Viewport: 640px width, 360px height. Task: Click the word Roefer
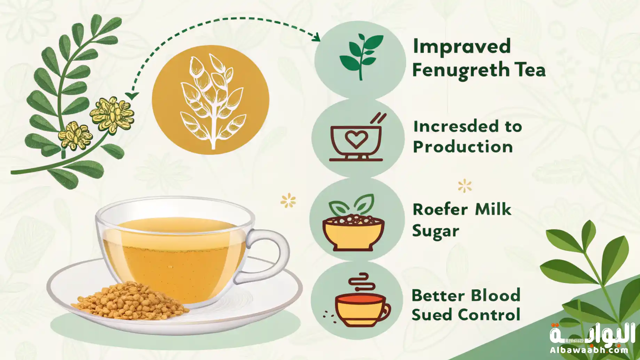tap(440, 210)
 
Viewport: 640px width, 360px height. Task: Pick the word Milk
tap(493, 209)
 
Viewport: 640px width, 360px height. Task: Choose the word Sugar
tap(436, 231)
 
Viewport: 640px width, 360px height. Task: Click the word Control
tap(489, 315)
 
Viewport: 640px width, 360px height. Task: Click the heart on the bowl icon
tap(356, 140)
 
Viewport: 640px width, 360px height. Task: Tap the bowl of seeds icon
tap(353, 223)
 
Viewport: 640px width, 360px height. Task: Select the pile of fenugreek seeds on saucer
tap(131, 301)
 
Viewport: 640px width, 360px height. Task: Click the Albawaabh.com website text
tap(589, 350)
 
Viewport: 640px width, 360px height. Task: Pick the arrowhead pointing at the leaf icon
tap(316, 37)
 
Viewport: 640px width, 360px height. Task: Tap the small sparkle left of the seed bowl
tap(288, 201)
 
